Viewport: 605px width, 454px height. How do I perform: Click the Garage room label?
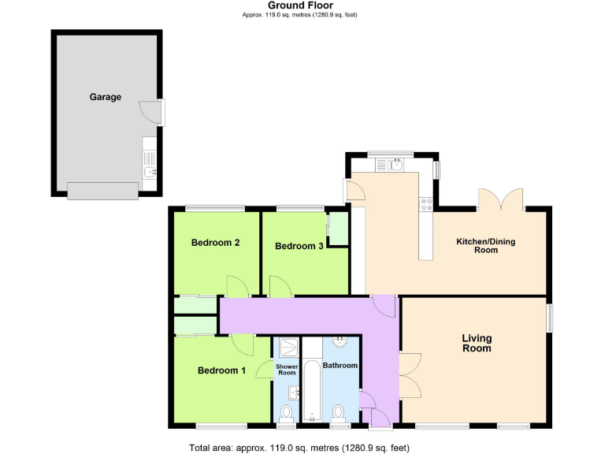106,97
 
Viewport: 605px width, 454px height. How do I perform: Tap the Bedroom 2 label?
215,243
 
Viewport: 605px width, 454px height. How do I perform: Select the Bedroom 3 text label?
299,246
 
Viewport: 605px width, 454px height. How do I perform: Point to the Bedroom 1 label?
221,370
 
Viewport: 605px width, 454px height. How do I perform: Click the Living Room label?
476,343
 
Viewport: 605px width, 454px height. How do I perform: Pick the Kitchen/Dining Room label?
485,245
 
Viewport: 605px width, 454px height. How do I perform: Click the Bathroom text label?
340,366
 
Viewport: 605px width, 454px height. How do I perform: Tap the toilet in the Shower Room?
286,413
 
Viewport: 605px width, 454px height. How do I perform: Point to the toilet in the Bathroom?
340,412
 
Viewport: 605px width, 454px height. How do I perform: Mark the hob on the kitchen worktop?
426,203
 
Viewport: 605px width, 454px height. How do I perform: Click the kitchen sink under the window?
390,164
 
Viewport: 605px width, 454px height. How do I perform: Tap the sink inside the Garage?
150,171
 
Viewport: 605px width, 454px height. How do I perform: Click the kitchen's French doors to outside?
500,200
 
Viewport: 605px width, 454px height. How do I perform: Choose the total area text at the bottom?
300,448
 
